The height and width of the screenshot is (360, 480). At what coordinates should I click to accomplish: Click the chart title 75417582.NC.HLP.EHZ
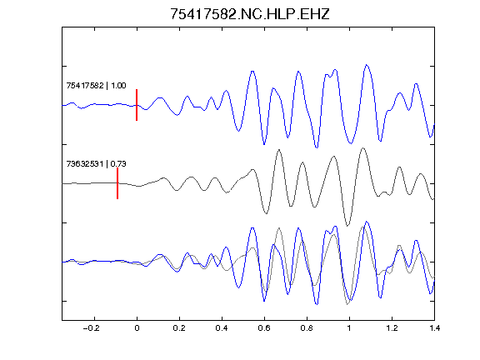coord(249,14)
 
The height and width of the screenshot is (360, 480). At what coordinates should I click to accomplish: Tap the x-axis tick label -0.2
coord(91,328)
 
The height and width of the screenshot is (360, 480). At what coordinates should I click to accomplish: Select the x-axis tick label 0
coord(137,328)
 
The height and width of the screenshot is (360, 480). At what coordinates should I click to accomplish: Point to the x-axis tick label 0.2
coord(179,328)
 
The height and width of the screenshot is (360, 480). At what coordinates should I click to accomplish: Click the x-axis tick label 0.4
coord(222,328)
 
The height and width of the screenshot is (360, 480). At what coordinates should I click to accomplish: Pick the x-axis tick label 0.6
coord(264,328)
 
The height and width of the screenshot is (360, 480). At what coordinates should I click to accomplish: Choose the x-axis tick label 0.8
coord(307,328)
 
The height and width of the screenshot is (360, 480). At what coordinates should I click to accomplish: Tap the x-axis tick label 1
coord(349,328)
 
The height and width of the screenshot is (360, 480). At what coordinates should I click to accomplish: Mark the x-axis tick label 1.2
coord(392,328)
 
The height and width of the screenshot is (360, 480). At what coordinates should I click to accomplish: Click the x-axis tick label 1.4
coord(434,328)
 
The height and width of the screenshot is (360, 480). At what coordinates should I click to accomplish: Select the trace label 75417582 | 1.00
coord(96,85)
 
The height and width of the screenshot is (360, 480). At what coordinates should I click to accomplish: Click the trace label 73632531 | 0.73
coord(96,164)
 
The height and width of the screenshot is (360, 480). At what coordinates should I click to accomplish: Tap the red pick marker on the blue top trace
coord(137,105)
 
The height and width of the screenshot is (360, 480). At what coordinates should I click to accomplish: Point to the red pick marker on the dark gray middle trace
coord(117,183)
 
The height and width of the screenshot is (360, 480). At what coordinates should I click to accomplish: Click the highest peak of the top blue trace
coord(367,65)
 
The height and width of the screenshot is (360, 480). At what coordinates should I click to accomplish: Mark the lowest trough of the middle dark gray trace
coord(347,226)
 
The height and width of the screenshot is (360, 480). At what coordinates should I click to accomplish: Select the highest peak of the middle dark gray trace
coord(363,148)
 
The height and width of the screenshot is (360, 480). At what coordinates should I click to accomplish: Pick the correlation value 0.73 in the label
coord(118,164)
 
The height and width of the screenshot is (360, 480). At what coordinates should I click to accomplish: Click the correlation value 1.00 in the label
coord(118,85)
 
